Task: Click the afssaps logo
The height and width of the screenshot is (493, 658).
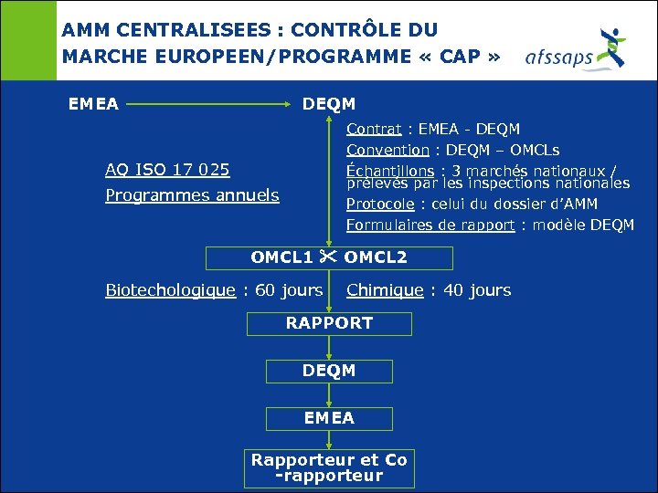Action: pyautogui.click(x=576, y=49)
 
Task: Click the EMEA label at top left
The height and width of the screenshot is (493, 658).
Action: pyautogui.click(x=93, y=104)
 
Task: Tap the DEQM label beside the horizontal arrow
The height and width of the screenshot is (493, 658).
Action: pyautogui.click(x=329, y=104)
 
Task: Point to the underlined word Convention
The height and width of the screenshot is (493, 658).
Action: pyautogui.click(x=387, y=150)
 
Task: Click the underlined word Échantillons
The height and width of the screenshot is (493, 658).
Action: pyautogui.click(x=390, y=170)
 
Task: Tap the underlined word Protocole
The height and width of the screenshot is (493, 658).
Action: pyautogui.click(x=379, y=205)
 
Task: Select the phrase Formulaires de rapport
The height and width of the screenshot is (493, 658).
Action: pyautogui.click(x=430, y=225)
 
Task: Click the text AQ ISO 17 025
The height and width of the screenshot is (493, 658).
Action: pyautogui.click(x=167, y=170)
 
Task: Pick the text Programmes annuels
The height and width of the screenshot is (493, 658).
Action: pyautogui.click(x=192, y=195)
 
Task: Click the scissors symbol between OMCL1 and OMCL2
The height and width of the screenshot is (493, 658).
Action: pyautogui.click(x=329, y=257)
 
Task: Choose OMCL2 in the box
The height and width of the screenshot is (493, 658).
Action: pyautogui.click(x=376, y=257)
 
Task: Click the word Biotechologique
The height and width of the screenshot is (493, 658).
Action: pyautogui.click(x=170, y=290)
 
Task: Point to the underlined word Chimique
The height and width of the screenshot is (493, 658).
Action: pyautogui.click(x=385, y=290)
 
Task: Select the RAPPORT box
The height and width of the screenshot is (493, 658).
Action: pyautogui.click(x=329, y=323)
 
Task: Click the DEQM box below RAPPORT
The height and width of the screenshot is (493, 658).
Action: pyautogui.click(x=329, y=371)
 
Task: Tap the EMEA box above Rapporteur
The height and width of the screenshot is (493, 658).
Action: pyautogui.click(x=329, y=418)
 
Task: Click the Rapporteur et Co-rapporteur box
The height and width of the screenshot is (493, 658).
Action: pyautogui.click(x=329, y=467)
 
